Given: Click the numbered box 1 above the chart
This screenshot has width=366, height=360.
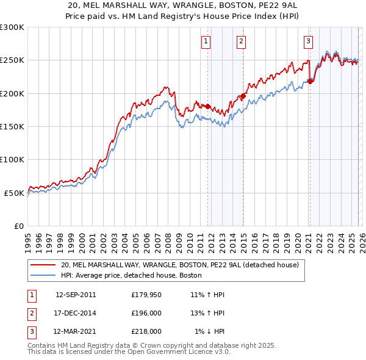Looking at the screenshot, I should [206, 41].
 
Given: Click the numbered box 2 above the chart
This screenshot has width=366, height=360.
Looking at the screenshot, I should [242, 41].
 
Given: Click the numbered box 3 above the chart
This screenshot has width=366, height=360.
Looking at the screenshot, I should [309, 41].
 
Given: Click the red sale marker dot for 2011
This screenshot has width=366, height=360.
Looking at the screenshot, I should [207, 107].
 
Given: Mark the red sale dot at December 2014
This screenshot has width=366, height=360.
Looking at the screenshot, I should [243, 96].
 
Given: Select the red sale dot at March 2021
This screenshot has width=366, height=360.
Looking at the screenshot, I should [310, 81].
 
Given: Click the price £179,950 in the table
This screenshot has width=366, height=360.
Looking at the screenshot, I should [146, 295].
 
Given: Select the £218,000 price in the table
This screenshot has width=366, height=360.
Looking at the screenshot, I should [146, 331].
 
